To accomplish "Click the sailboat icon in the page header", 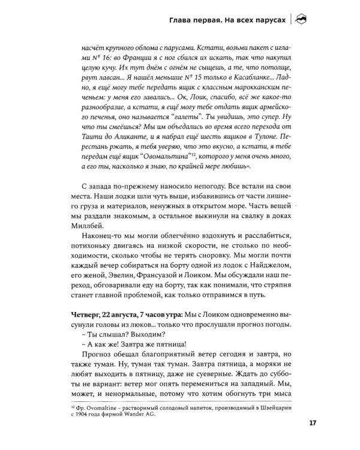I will [x=302, y=19].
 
